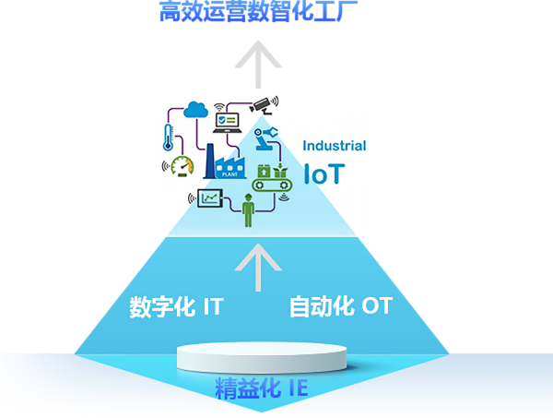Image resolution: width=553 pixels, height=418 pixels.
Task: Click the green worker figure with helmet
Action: tap(247, 209)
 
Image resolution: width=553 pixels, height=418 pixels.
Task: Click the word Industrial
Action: tap(335, 146)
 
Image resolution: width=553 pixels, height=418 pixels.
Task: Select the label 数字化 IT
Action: tap(176, 306)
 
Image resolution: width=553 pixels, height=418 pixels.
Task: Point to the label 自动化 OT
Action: tap(340, 306)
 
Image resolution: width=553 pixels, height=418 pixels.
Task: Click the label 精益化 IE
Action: tap(261, 388)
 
